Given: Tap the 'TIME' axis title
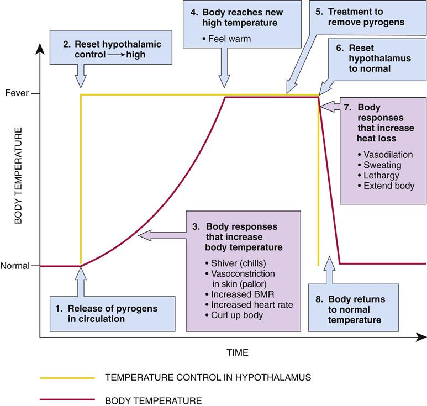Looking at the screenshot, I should point(237,352).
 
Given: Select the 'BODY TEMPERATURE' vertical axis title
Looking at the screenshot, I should point(18,176).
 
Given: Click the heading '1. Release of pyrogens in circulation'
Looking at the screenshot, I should point(94,313).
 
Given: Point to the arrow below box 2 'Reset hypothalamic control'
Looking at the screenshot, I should point(81,75).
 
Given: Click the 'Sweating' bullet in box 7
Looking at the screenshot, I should point(382,165).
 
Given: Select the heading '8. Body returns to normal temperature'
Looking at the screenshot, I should point(357,309).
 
